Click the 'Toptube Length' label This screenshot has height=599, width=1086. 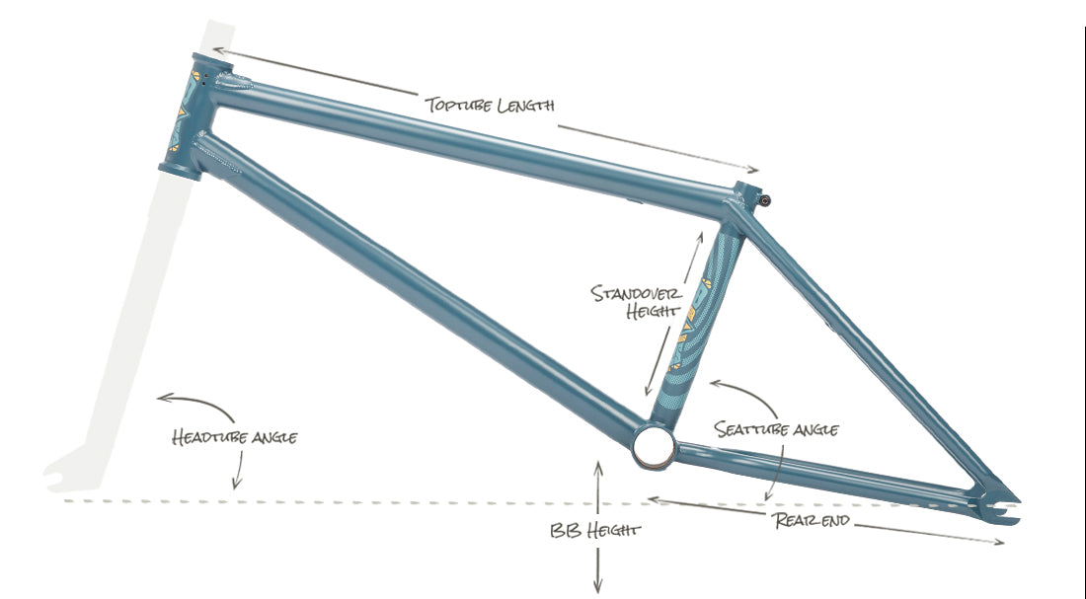[490, 106]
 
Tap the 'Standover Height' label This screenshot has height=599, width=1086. [636, 302]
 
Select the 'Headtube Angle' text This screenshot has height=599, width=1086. [235, 437]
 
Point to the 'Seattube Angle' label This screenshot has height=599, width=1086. [776, 429]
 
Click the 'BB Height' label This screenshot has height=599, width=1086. [595, 531]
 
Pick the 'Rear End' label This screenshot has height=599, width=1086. [812, 520]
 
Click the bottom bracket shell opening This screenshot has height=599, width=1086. [654, 447]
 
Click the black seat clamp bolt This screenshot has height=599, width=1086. [765, 201]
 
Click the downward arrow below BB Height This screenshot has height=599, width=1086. [597, 570]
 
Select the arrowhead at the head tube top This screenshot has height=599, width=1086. [217, 50]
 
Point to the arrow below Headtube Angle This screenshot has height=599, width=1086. [239, 470]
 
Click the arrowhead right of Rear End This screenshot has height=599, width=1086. [998, 542]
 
